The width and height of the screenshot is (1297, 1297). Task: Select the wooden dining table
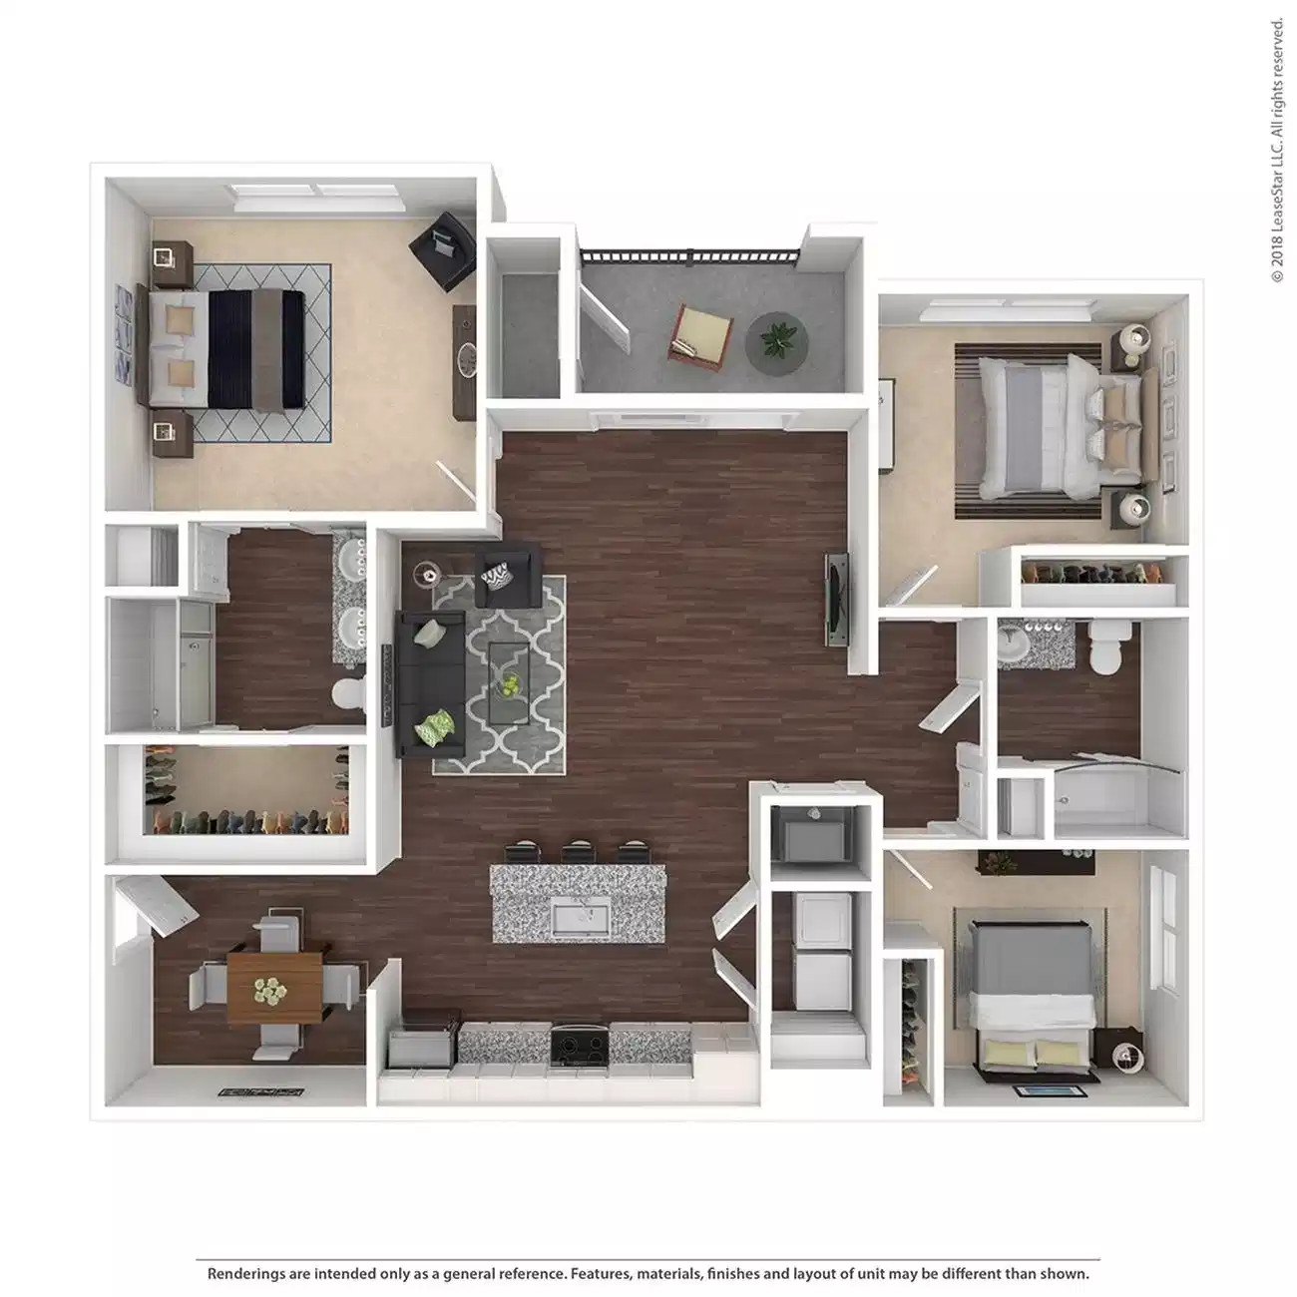(274, 987)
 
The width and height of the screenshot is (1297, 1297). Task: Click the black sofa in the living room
(431, 684)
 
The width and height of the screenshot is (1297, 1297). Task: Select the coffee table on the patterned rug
(509, 682)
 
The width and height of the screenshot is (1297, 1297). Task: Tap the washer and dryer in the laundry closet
(819, 947)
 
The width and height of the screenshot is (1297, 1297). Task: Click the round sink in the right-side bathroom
(1013, 646)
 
